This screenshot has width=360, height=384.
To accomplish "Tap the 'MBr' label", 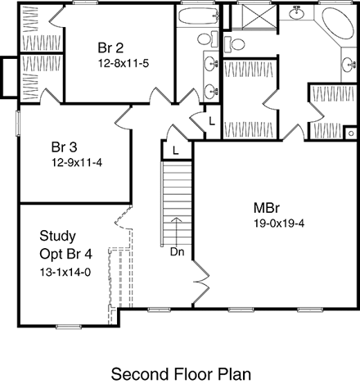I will pyautogui.click(x=264, y=207).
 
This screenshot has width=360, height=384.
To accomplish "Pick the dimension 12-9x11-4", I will pyautogui.click(x=76, y=162).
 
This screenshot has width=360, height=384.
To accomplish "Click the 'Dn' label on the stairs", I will pyautogui.click(x=175, y=251).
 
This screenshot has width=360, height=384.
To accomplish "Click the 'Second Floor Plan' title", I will pyautogui.click(x=179, y=373).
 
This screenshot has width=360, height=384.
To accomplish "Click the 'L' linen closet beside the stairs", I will pyautogui.click(x=175, y=151).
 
